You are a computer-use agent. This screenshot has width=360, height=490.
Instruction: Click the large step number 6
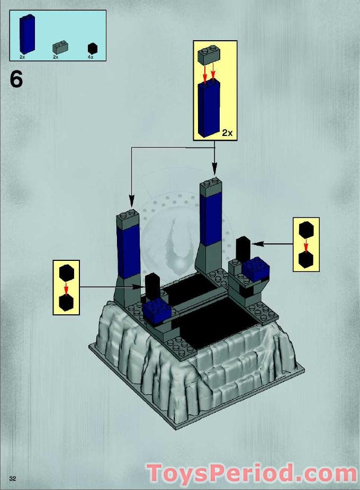pos(16,79)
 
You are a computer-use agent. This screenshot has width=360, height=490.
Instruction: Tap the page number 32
pos(12,478)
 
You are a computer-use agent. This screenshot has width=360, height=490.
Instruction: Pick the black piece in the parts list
pos(93,48)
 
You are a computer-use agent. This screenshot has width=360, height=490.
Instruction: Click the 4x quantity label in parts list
pos(91,57)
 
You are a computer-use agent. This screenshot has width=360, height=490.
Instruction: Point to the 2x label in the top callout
pos(227,133)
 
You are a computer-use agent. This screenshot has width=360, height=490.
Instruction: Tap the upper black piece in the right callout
pos(306,231)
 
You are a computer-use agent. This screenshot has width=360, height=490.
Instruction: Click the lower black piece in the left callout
pos(66,302)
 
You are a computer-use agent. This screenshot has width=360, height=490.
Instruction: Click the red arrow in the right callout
pos(306,246)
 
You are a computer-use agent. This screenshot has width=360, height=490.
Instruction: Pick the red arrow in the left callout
pos(66,288)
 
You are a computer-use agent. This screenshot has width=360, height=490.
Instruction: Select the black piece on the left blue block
pos(154,287)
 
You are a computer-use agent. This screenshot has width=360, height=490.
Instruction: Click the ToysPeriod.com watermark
pos(252,473)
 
